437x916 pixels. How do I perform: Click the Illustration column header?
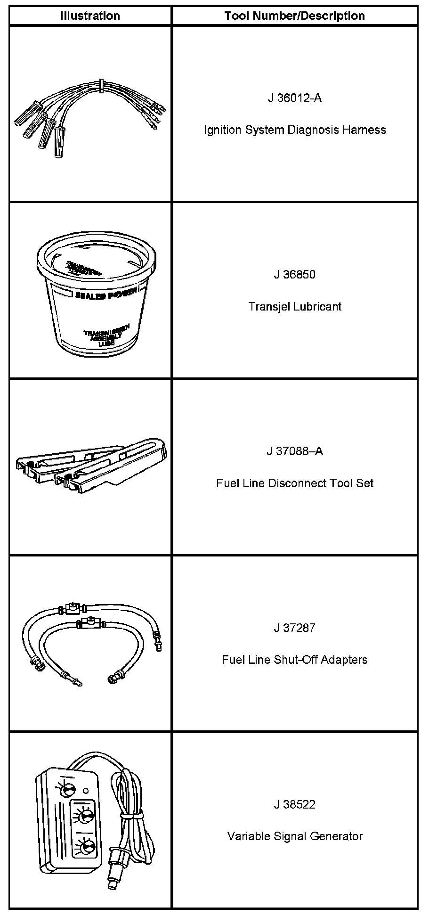pos(90,16)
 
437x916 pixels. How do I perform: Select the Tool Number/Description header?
pos(294,16)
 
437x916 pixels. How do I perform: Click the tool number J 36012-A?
pos(295,98)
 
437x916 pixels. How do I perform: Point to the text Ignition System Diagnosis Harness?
pos(295,130)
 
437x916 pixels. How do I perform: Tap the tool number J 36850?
pos(295,275)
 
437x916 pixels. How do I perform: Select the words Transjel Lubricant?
pos(295,307)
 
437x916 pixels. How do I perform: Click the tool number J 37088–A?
pos(295,451)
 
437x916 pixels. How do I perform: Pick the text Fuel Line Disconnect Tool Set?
pos(295,483)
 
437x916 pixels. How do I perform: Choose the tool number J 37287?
pos(295,628)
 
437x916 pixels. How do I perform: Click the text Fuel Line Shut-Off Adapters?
pos(295,660)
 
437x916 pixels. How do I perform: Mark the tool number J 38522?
pos(295,805)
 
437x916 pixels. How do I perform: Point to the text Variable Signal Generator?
pos(295,836)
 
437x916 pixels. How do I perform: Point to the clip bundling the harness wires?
pos(101,85)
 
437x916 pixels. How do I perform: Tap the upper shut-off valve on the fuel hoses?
pos(72,608)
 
